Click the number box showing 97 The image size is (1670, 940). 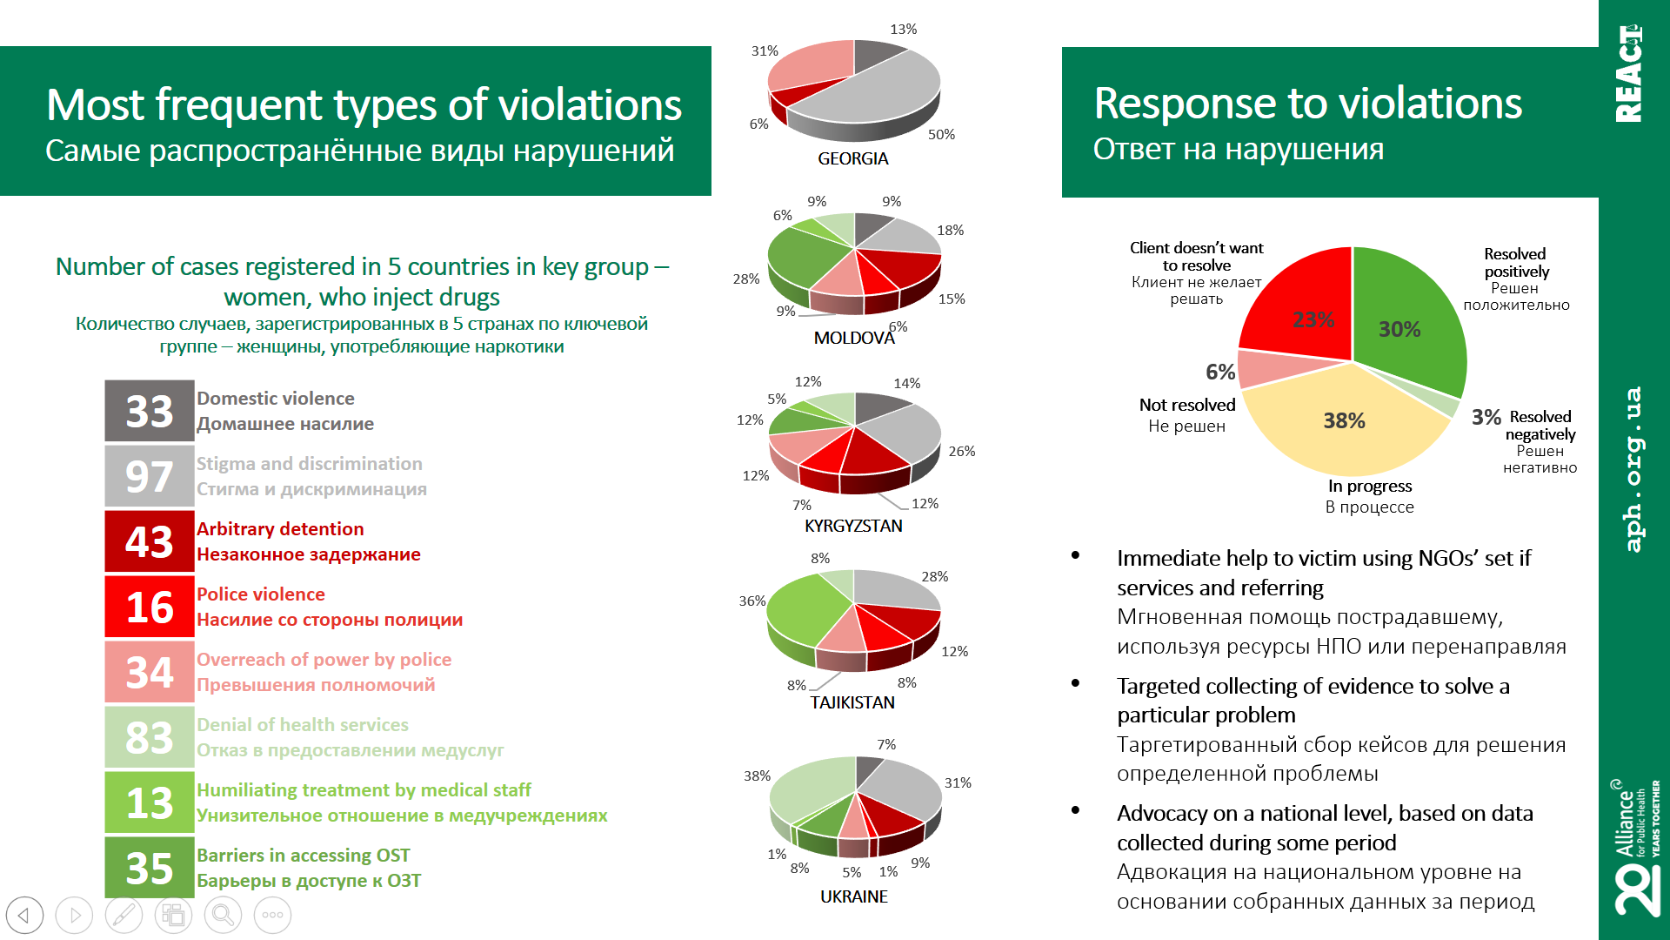click(x=149, y=476)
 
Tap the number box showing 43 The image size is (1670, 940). click(x=149, y=541)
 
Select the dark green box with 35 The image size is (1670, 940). click(x=149, y=868)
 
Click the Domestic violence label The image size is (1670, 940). click(x=275, y=399)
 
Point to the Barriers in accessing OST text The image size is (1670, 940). click(x=303, y=856)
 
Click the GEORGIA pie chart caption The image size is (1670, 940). click(x=852, y=158)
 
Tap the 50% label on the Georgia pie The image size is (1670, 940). click(x=941, y=134)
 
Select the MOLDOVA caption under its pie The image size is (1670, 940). click(x=853, y=338)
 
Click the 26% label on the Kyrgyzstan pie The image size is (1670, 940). click(x=961, y=451)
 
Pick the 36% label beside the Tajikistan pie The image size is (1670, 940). click(x=751, y=601)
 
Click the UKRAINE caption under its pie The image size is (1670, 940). click(x=853, y=896)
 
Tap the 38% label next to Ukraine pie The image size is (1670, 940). click(x=757, y=775)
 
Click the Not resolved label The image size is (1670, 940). click(x=1186, y=405)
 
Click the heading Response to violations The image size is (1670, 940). click(x=1307, y=104)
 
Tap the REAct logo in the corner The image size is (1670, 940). click(x=1628, y=73)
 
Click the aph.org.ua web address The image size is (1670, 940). click(x=1633, y=469)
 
